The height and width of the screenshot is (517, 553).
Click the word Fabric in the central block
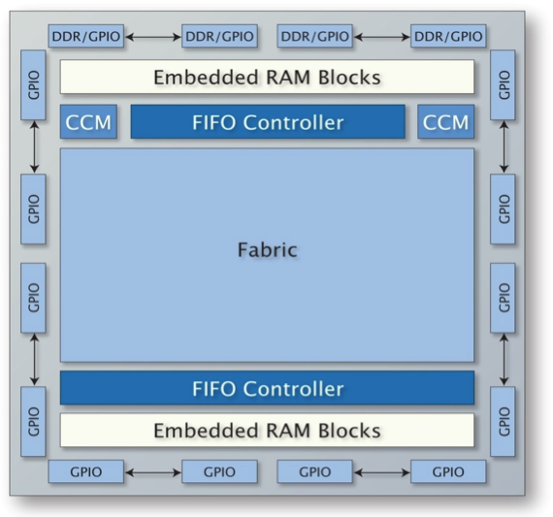coord(268,249)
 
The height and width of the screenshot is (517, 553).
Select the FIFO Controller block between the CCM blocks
coord(268,121)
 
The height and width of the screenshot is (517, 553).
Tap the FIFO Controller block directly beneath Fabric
coord(267,388)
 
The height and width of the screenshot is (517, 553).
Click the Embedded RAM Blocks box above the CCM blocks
coord(267,77)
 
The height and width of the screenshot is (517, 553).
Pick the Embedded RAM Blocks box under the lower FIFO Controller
coord(267,431)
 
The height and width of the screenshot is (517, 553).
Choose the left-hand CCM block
coord(88,121)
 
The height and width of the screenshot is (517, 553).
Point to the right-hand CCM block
coord(445,121)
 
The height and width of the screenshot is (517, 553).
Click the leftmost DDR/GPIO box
coord(86,36)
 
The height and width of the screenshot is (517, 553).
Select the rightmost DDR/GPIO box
coord(448,36)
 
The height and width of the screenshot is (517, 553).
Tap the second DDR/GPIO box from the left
coord(219,36)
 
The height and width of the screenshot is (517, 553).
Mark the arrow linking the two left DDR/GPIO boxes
coord(153,37)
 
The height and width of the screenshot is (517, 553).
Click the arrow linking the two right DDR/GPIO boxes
coord(382,37)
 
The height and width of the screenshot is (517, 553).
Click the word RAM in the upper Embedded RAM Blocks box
coord(288,78)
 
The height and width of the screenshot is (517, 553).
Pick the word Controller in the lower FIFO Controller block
coord(293,389)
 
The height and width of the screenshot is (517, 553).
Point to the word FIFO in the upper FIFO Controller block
coord(214,122)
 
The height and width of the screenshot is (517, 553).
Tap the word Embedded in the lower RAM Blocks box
coord(206,431)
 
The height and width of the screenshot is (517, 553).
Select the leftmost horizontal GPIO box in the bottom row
coord(86,471)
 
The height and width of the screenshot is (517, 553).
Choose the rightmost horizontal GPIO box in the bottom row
coord(448,471)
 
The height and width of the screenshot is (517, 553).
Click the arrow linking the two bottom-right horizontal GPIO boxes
coord(382,472)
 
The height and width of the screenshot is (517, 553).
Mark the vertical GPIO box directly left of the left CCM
coord(34,85)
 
